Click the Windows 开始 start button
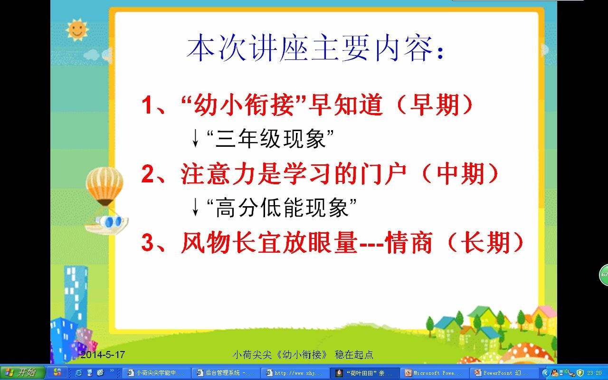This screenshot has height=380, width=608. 22,372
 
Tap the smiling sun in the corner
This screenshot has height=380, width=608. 77,29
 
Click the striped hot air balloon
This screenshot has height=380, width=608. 104,186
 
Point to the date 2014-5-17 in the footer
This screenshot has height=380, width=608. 103,354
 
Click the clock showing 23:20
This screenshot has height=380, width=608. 594,373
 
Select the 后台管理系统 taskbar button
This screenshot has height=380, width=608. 225,373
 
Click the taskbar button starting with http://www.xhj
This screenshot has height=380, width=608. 295,373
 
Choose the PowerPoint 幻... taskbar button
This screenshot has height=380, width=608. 503,373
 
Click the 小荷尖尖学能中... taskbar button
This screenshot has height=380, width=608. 156,373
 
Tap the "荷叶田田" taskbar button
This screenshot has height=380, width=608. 364,373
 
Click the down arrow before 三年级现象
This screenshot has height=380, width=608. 195,138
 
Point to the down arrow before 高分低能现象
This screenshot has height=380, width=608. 195,207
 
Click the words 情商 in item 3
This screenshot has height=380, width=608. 408,242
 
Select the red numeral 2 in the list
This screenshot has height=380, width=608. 148,174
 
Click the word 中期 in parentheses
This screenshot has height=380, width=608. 460,174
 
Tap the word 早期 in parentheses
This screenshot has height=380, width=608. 434,105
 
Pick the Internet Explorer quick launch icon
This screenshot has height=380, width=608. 78,372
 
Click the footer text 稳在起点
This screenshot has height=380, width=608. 354,355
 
